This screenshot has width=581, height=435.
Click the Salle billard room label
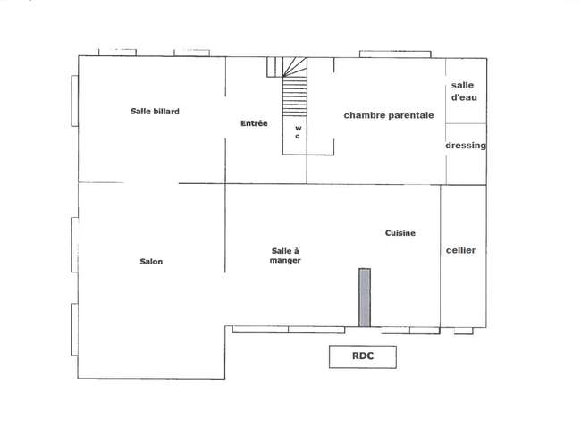(155, 111)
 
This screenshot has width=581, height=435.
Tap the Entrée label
(254, 123)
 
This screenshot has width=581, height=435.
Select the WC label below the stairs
(298, 132)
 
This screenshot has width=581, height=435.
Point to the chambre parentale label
(389, 115)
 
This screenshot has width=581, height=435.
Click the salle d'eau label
(464, 91)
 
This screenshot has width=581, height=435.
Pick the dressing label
(466, 145)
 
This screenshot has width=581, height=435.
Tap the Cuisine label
(400, 233)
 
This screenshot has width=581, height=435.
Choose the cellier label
(460, 250)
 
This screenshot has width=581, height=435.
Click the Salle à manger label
(285, 255)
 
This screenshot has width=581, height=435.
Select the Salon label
(151, 262)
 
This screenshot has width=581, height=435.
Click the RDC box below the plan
(363, 357)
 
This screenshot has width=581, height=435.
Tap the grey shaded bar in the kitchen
(365, 297)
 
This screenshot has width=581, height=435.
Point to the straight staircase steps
(295, 96)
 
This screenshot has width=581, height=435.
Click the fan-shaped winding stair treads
(295, 67)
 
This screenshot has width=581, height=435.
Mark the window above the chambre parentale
(395, 54)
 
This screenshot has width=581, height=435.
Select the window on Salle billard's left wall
(74, 101)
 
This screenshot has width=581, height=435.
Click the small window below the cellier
(464, 330)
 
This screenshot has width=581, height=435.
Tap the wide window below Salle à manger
(289, 329)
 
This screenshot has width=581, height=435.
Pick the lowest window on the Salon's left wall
(74, 330)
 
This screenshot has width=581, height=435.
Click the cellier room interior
(463, 281)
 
